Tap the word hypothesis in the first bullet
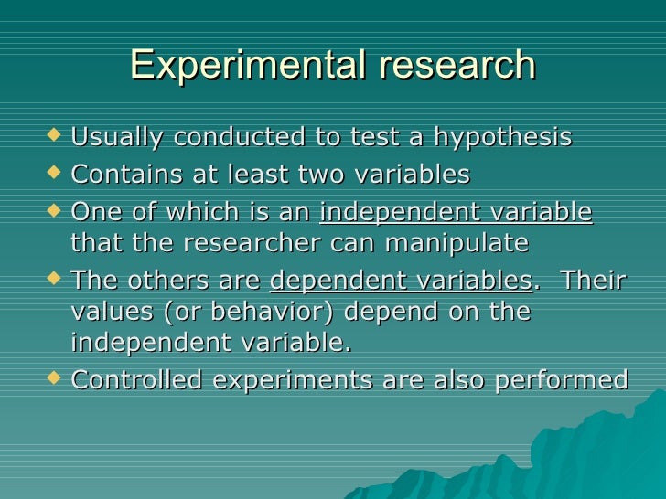(502, 139)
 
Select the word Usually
(116, 138)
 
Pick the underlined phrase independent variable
(456, 212)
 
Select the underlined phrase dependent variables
(402, 281)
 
